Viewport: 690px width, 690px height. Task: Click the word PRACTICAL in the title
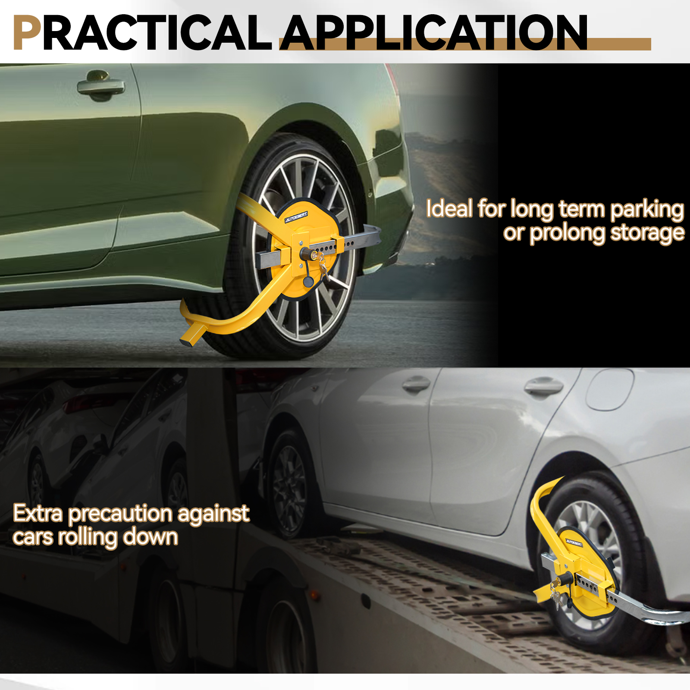142,32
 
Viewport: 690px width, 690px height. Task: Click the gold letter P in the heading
27,33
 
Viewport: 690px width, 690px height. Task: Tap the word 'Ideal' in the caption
449,209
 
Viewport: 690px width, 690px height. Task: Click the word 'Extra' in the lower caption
38,513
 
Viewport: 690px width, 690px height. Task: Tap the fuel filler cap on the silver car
609,388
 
